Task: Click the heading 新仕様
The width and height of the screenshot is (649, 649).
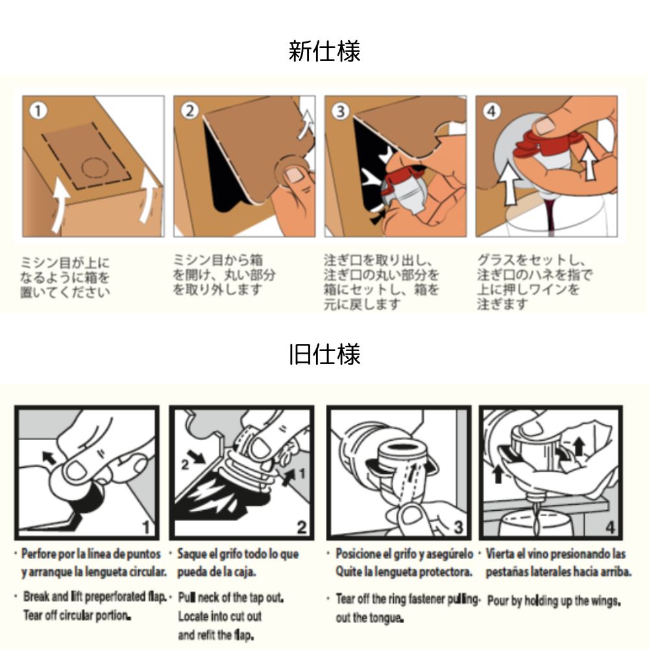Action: (x=324, y=51)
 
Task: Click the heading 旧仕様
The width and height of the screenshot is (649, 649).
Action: (x=324, y=354)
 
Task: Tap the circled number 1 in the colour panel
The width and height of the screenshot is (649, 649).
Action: (x=38, y=111)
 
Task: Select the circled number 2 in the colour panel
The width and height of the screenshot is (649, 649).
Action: (x=190, y=111)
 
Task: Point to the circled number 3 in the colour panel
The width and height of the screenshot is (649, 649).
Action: (x=340, y=111)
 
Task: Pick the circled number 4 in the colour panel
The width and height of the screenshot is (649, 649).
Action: (x=491, y=111)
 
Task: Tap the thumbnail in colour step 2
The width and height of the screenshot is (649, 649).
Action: (x=294, y=174)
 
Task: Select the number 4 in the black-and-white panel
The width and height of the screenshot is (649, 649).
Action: (x=610, y=527)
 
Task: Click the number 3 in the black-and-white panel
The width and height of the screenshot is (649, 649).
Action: (x=458, y=527)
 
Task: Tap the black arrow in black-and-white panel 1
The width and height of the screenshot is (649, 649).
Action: (x=49, y=457)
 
